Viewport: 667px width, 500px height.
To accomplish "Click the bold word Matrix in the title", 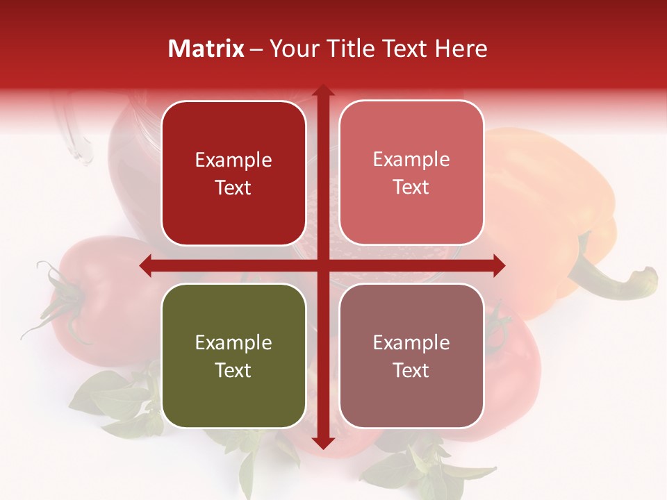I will click(206, 49).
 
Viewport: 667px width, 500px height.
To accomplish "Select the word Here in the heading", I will click(461, 49).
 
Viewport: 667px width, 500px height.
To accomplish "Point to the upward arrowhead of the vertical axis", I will click(322, 92).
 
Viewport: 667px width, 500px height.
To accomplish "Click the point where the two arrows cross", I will click(322, 265).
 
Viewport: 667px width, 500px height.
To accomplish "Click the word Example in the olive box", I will click(233, 342).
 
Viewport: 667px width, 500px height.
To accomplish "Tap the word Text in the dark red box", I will click(233, 187).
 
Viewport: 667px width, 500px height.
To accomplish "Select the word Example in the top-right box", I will click(411, 160).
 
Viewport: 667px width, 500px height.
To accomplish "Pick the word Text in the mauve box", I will click(411, 370).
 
